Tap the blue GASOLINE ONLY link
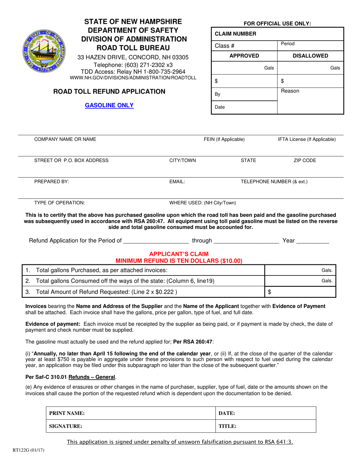coord(109,105)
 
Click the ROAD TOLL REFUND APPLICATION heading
coord(109,91)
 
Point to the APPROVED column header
coord(244,56)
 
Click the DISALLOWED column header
coord(310,56)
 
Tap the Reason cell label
coord(290,91)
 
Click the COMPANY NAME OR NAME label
coord(65,139)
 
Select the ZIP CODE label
coord(305,160)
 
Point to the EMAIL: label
coord(177,181)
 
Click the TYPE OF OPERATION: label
coord(59,203)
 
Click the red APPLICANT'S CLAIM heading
coord(178,254)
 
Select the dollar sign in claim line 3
coord(269,292)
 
